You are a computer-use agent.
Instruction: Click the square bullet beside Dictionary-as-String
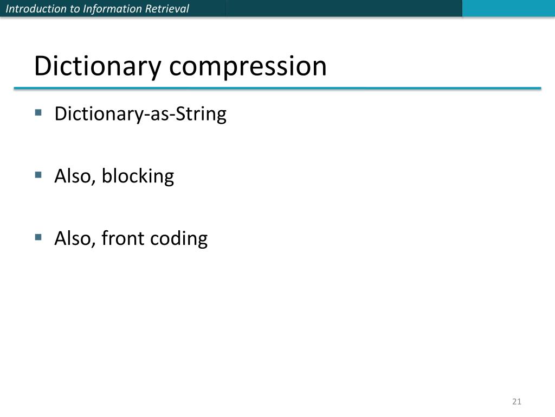(x=38, y=113)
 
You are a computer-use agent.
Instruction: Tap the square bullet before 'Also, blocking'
(x=38, y=175)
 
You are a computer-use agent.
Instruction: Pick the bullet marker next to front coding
(x=38, y=237)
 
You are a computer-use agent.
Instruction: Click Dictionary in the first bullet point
(x=98, y=115)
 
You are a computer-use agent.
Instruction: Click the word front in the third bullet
(x=121, y=238)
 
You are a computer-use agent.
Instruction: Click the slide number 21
(x=516, y=402)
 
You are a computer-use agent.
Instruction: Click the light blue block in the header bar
(x=508, y=8)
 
